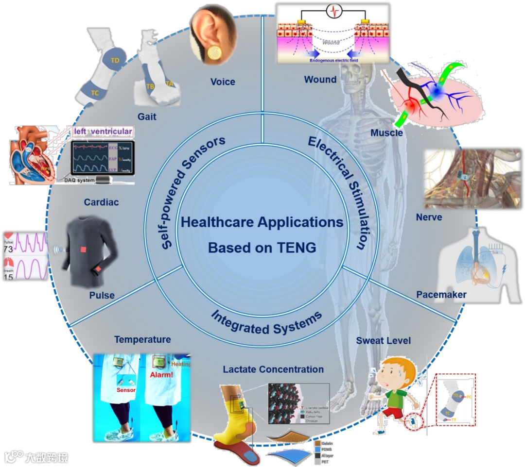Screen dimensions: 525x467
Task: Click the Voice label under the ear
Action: [223, 82]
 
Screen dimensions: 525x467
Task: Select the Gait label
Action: [147, 117]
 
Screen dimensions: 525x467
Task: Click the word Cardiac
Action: [101, 202]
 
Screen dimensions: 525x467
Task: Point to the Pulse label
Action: [102, 295]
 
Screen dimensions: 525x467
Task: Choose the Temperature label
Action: [142, 340]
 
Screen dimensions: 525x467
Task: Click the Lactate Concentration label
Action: [273, 369]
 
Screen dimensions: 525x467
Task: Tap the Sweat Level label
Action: [384, 340]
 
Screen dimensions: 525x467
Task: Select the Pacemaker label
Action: [441, 295]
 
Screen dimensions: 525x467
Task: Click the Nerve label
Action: [429, 217]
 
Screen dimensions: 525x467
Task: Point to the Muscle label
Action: [387, 132]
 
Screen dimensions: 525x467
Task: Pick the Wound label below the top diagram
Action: [320, 79]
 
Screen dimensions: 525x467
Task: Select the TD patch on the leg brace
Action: [115, 61]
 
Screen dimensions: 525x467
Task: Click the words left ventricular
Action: [103, 132]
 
